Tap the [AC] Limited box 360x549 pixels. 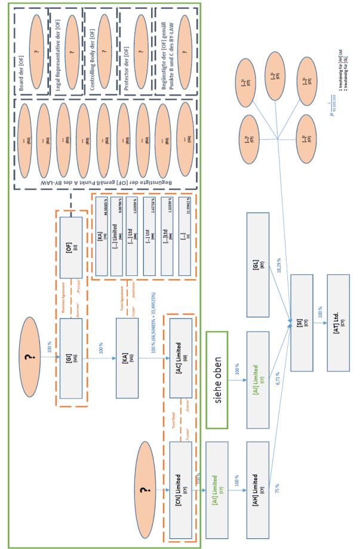[181, 358]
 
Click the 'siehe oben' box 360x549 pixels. [217, 380]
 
